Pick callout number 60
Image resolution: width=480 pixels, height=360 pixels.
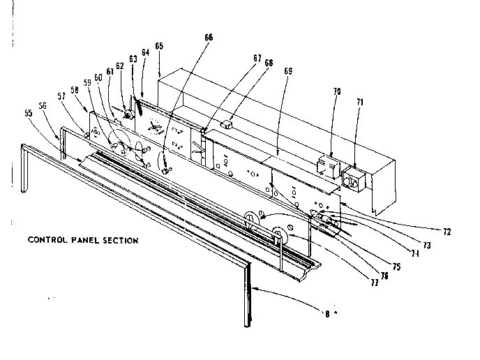(x=99, y=78)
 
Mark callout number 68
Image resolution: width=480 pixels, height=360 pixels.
(x=269, y=63)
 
